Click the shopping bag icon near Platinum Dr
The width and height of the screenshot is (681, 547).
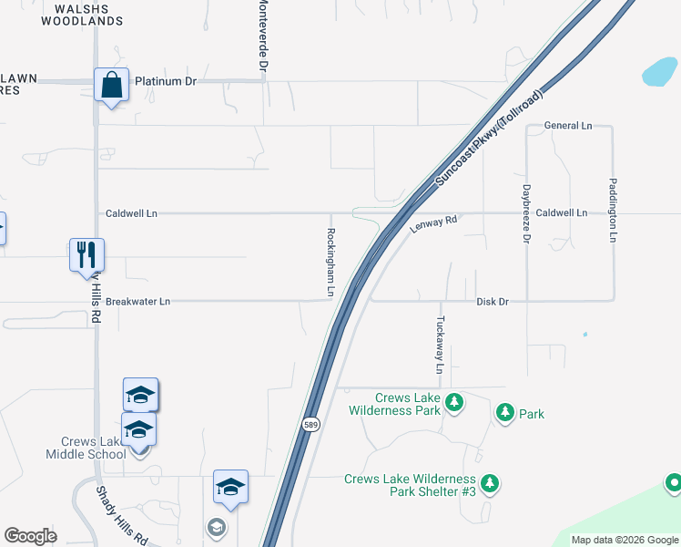tap(112, 86)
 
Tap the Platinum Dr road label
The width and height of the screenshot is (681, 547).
tap(166, 81)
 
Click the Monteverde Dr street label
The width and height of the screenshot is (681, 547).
tap(263, 36)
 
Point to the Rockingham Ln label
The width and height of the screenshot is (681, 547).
tap(331, 263)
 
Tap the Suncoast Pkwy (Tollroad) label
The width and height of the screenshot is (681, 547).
tap(489, 139)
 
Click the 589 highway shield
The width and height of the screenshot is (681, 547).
tap(310, 425)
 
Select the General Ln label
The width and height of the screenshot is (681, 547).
tap(567, 125)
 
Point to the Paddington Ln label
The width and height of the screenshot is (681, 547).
tap(614, 210)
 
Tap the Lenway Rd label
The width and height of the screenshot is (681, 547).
tap(432, 223)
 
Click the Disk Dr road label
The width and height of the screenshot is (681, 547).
tap(493, 301)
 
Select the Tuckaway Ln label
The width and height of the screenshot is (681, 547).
tap(440, 346)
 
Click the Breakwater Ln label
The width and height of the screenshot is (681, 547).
tap(137, 301)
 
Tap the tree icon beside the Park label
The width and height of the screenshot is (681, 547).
tap(504, 413)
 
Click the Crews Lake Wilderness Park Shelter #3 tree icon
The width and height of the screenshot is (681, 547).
tap(490, 482)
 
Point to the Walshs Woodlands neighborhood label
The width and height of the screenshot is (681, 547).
tap(82, 15)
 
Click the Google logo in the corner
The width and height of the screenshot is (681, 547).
tap(30, 536)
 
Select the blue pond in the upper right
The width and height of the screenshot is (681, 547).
tap(659, 72)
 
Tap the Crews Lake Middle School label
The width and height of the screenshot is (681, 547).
tap(87, 448)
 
